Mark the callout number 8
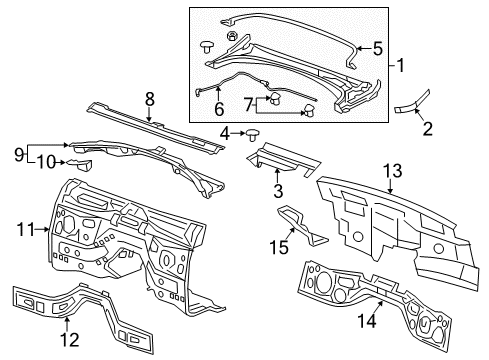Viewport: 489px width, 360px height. (x=149, y=99)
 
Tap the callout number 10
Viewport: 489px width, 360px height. (x=47, y=162)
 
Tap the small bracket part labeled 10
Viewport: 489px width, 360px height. (x=78, y=164)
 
